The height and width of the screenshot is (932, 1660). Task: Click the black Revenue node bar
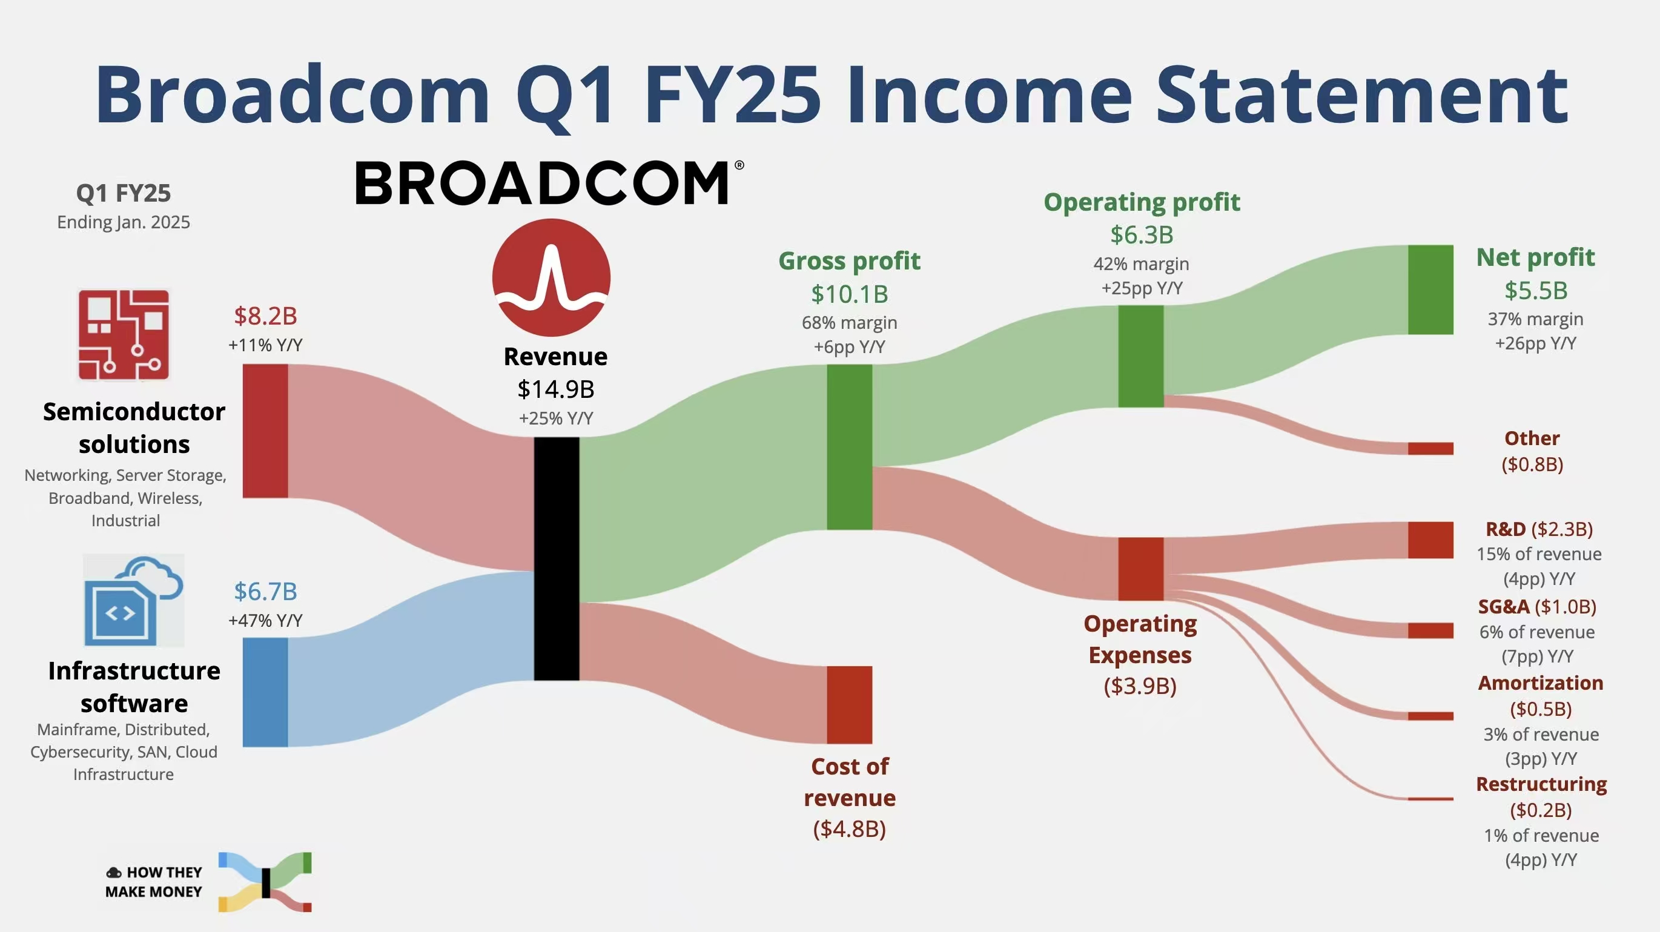pos(556,558)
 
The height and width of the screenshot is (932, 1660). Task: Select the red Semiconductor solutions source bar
pos(265,431)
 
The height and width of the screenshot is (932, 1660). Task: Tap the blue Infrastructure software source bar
pos(265,692)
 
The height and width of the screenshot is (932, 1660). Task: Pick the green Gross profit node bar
pos(849,447)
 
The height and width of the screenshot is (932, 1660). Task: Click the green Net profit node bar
pos(1430,289)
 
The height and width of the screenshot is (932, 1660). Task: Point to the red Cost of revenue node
pos(849,704)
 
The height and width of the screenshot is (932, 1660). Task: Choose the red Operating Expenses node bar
pos(1140,569)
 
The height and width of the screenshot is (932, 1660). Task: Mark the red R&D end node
pos(1430,540)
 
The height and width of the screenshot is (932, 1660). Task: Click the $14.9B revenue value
pos(556,389)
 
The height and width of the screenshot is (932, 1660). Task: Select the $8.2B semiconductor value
pos(265,316)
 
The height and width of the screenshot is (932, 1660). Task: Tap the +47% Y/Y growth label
pos(265,620)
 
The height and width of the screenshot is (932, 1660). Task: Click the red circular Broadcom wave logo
pos(552,277)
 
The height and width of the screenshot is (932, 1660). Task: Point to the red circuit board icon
pos(124,334)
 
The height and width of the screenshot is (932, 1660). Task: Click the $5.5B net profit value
pos(1536,290)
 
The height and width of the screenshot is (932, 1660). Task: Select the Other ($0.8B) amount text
pos(1532,464)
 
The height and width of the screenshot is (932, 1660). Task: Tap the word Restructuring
pos(1541,784)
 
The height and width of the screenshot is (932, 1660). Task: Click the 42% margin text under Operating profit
pos(1141,263)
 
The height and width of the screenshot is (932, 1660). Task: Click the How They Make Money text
pos(154,882)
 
